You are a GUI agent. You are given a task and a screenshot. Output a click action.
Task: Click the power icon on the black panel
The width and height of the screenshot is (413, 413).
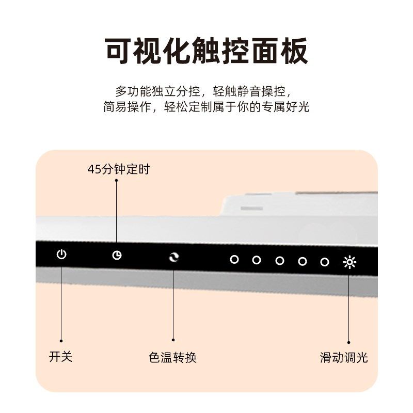point(61,255)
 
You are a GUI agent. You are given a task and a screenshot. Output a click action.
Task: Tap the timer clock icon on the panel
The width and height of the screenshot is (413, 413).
point(117,256)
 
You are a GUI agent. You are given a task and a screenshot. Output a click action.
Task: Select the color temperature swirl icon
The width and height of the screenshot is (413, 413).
point(173,257)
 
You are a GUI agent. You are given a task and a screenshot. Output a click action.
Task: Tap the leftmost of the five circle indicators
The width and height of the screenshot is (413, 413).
point(234,259)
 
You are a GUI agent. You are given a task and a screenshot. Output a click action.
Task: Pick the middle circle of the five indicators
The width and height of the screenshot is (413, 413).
point(279,261)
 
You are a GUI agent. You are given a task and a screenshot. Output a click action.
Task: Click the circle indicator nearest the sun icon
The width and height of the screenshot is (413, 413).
point(324,262)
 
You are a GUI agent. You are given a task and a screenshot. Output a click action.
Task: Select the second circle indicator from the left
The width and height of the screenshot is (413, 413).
point(257,260)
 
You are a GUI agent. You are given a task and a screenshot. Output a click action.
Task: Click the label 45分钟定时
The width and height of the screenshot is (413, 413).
point(119,169)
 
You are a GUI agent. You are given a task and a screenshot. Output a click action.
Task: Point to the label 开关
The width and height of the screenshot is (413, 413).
point(61,357)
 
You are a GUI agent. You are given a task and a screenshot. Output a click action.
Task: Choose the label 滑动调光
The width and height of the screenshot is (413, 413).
point(344,358)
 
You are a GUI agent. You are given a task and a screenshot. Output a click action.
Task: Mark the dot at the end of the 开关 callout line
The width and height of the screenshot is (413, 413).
point(61,341)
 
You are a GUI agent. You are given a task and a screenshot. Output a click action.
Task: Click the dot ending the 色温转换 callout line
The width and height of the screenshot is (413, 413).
point(173,340)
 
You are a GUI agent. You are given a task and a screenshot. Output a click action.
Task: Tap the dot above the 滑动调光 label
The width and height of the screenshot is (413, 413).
point(349,342)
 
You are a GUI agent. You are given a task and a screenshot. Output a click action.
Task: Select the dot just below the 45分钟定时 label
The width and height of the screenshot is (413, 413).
point(116,180)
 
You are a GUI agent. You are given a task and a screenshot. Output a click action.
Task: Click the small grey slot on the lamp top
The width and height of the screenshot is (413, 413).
point(251,208)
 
